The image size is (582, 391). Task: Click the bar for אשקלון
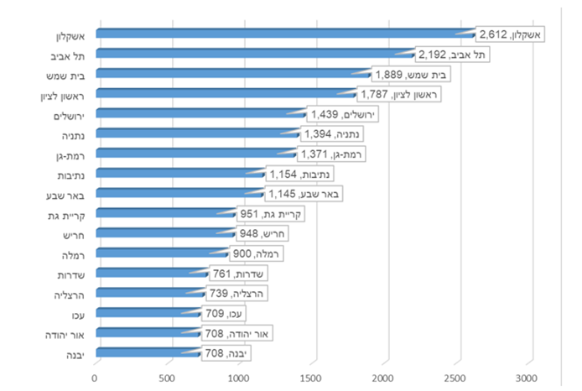[285, 34]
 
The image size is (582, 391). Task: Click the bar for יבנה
[147, 355]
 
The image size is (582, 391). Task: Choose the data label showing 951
[269, 215]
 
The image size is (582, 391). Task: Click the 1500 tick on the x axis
[313, 377]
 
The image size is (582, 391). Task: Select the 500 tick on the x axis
[168, 377]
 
